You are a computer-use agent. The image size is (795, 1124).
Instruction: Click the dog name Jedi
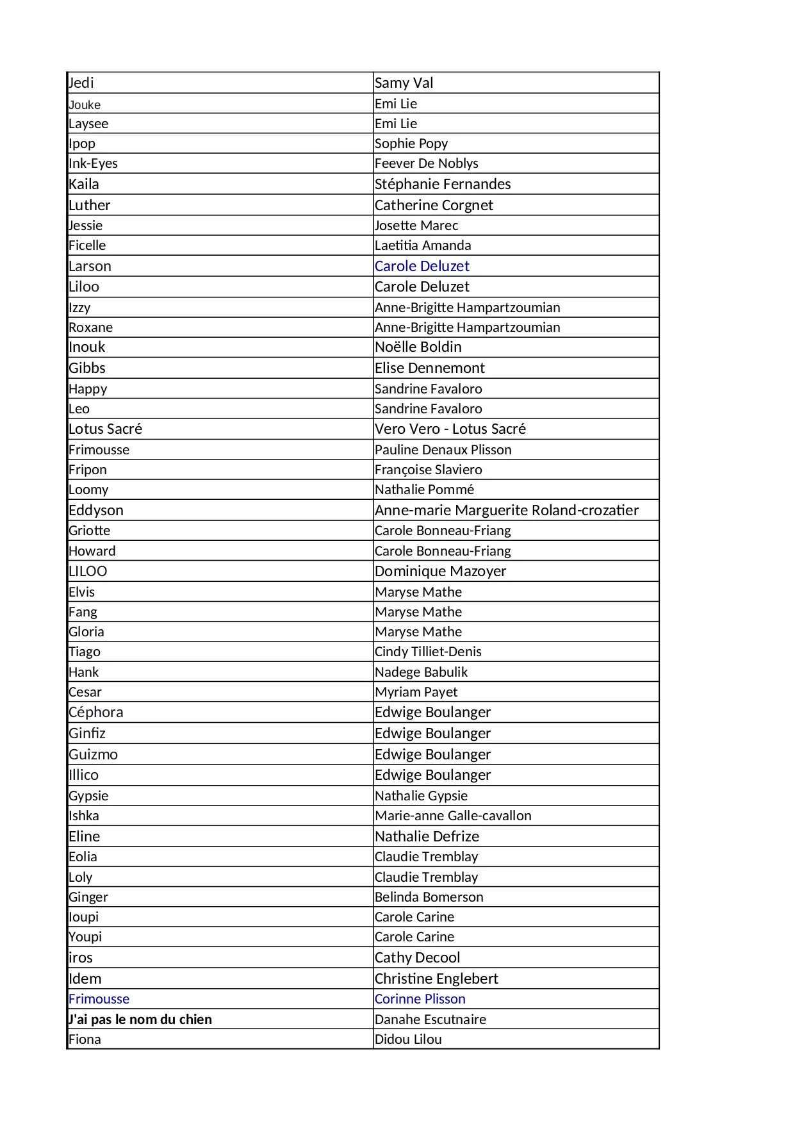(81, 83)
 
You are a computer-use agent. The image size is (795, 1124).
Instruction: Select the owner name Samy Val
(404, 83)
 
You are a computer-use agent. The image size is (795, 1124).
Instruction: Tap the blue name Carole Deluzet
(422, 266)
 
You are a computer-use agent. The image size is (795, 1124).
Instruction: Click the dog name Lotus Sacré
(105, 429)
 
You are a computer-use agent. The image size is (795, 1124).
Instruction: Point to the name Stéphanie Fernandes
(443, 184)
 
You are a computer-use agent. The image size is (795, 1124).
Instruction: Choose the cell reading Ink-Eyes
(93, 163)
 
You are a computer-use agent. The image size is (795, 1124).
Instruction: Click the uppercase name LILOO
(88, 571)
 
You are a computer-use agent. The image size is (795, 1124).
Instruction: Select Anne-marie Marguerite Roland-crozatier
(506, 510)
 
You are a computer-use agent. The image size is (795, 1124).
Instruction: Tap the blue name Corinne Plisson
(420, 999)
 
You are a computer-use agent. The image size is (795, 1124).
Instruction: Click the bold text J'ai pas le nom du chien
(140, 1019)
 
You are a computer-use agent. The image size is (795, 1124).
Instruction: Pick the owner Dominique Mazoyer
(440, 571)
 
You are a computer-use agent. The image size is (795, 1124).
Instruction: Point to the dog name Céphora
(95, 712)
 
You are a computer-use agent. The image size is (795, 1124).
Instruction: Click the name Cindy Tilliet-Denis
(428, 652)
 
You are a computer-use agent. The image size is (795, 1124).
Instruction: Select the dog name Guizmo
(93, 754)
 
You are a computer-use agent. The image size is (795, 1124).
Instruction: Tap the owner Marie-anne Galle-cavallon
(453, 816)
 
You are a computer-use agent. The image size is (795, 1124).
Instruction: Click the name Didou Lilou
(408, 1039)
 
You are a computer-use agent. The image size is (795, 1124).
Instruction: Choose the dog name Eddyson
(95, 510)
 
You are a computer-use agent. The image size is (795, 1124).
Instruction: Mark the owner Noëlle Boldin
(418, 347)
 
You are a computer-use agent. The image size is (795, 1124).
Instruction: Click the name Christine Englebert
(436, 979)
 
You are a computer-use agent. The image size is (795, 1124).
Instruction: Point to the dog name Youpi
(85, 937)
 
